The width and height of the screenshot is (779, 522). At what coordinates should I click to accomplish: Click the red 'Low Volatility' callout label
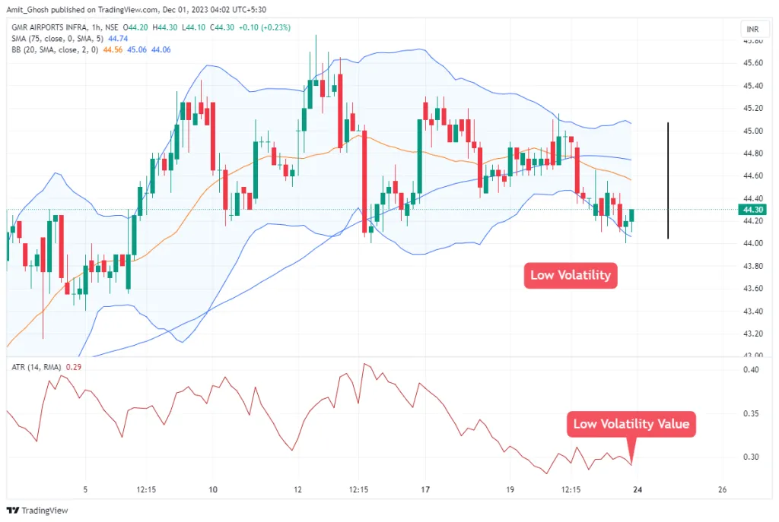pyautogui.click(x=570, y=275)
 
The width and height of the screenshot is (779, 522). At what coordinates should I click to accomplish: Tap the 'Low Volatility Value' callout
pyautogui.click(x=631, y=424)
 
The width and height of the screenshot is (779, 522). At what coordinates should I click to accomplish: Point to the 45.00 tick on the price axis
pyautogui.click(x=752, y=131)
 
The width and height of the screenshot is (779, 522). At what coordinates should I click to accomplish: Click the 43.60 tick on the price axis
pyautogui.click(x=752, y=288)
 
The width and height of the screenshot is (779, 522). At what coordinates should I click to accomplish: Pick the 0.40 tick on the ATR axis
pyautogui.click(x=752, y=370)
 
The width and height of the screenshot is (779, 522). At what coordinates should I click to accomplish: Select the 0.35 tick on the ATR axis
pyautogui.click(x=752, y=413)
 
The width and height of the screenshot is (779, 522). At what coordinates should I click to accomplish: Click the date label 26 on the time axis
pyautogui.click(x=722, y=489)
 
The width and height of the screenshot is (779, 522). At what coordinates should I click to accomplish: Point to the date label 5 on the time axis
pyautogui.click(x=85, y=489)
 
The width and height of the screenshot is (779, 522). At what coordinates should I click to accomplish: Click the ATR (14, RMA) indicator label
pyautogui.click(x=36, y=367)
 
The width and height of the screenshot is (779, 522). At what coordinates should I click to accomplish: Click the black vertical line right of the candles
pyautogui.click(x=668, y=181)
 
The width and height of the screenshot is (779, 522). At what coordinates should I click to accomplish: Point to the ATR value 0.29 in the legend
pyautogui.click(x=74, y=367)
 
